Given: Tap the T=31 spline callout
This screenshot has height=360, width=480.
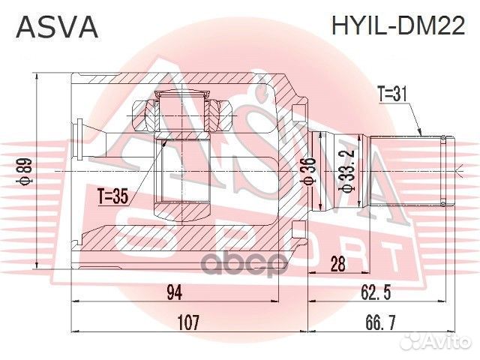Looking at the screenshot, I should click(x=391, y=94).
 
